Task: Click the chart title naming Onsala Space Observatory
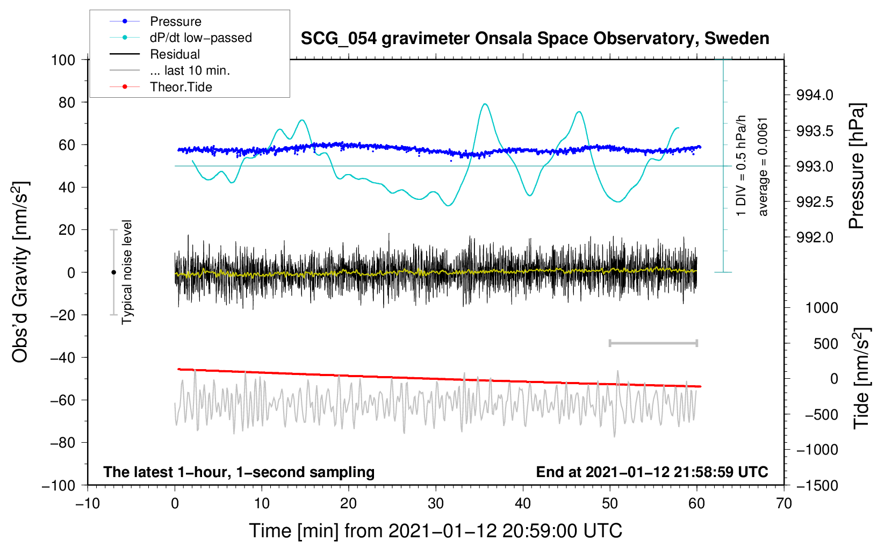click(535, 39)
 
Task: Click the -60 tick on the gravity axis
click(62, 400)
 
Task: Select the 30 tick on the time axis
click(436, 503)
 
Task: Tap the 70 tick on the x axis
click(784, 503)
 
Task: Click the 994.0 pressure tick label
click(815, 96)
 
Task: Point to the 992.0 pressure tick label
click(815, 237)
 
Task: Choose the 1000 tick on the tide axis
click(822, 308)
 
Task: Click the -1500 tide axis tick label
click(817, 486)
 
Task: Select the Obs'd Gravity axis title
click(20, 272)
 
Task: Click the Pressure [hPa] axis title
click(857, 167)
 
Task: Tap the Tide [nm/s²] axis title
click(861, 378)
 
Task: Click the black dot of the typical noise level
click(113, 272)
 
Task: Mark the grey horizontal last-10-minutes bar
click(653, 343)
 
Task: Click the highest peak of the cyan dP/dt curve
click(485, 104)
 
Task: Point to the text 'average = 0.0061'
click(763, 167)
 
